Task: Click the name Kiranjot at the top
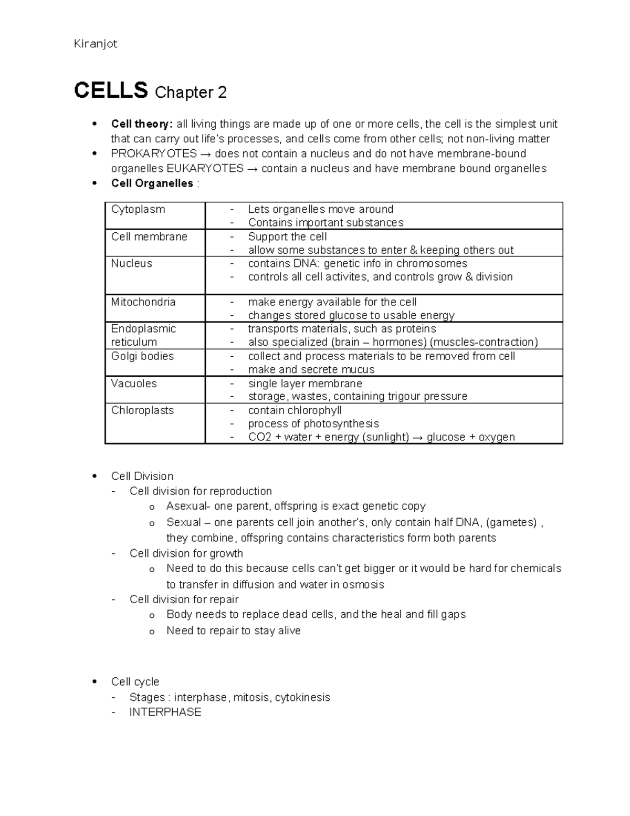[x=96, y=44]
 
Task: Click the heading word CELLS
[x=111, y=91]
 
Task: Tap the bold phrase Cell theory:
[x=141, y=124]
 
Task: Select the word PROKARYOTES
[x=154, y=153]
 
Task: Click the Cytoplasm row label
[x=138, y=209]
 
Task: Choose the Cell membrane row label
[x=149, y=236]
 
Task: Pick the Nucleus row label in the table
[x=131, y=263]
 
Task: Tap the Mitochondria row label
[x=143, y=302]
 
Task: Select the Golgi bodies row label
[x=142, y=356]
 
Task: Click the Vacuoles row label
[x=134, y=384]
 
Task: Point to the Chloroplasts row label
[x=142, y=410]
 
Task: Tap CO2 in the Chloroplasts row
[x=259, y=437]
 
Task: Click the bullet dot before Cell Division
[x=94, y=476]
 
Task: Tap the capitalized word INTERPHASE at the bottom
[x=165, y=712]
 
